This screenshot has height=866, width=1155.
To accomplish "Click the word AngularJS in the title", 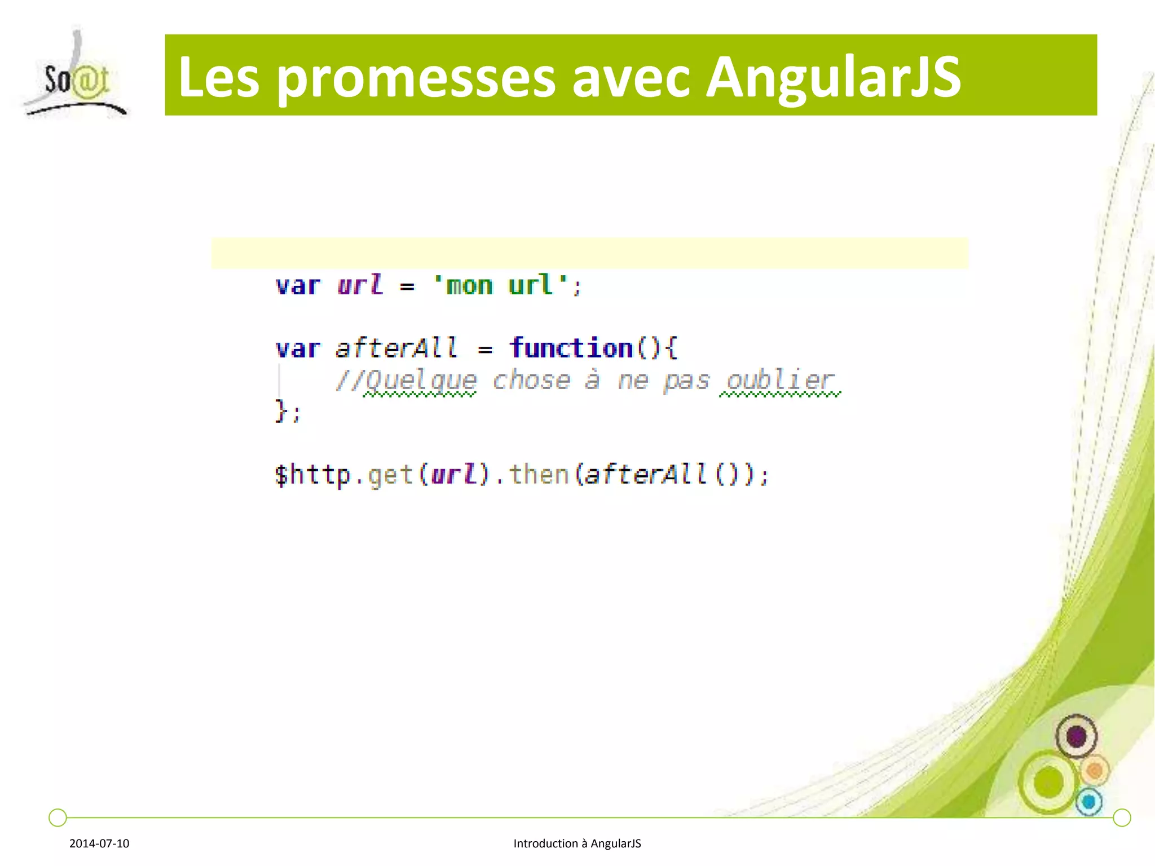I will point(833,77).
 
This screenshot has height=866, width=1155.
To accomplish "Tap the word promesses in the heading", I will point(416,79).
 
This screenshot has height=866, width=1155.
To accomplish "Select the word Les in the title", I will point(218,77).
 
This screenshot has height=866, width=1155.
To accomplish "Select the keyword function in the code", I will point(571,347).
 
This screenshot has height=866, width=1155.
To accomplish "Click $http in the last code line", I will point(312,474).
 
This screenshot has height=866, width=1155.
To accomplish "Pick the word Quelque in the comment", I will point(420,381).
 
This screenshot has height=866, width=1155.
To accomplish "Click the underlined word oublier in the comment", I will point(779,381).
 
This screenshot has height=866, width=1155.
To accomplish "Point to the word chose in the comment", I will point(531,381).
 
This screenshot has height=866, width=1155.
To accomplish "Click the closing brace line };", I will point(288,411).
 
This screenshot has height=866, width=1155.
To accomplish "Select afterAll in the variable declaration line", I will point(396,347).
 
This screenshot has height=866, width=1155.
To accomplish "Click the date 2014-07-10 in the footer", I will point(99,843).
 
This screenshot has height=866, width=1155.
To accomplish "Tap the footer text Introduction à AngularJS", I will point(577,843).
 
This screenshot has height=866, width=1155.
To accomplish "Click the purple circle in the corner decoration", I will point(1076,736).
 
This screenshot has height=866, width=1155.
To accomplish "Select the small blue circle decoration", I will point(1089,802).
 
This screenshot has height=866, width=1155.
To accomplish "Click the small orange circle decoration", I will point(1095,770).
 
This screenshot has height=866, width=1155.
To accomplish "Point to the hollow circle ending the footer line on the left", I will point(58,817).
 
